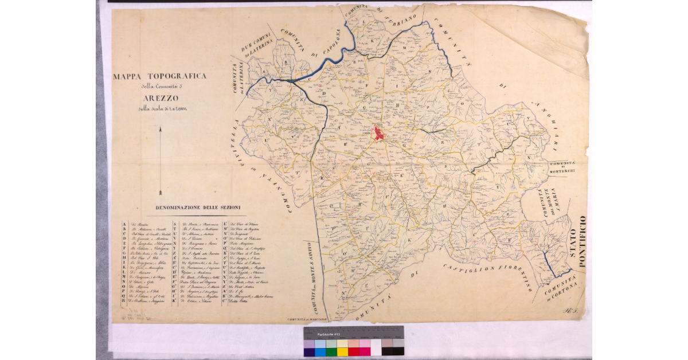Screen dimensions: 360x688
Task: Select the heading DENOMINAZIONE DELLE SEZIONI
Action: (x=197, y=207)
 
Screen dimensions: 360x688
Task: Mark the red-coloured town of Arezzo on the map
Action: (x=379, y=133)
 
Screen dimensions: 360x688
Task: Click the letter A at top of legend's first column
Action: (x=124, y=225)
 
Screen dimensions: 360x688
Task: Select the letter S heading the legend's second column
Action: (x=174, y=225)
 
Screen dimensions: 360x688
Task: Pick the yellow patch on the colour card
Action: (x=342, y=351)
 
